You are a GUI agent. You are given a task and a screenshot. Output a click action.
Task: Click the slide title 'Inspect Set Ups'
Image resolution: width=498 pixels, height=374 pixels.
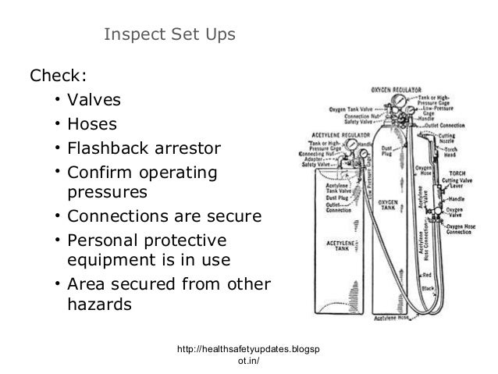[169, 36]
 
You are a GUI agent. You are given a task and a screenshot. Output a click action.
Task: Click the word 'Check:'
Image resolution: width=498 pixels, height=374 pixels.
[58, 77]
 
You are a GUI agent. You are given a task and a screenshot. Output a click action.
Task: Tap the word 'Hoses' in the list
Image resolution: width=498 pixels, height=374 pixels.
[91, 124]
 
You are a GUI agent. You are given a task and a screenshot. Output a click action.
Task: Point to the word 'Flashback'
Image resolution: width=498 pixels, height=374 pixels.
[109, 148]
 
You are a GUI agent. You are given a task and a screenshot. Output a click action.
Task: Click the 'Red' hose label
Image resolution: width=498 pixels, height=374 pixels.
[427, 276]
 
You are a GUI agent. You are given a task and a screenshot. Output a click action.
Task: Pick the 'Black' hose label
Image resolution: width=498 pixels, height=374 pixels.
[428, 289]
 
